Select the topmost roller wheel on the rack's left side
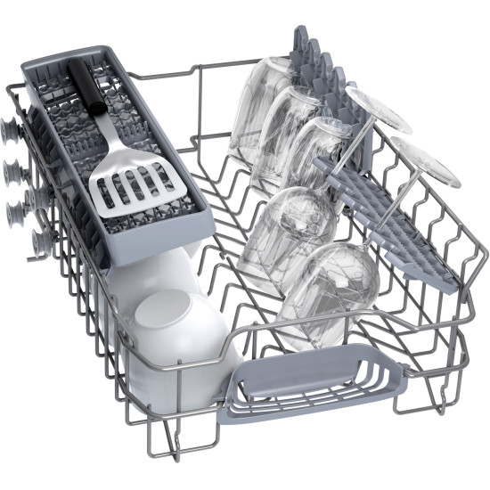12,132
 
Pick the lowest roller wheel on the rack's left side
41,241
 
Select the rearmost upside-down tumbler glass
258,102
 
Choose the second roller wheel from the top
15,167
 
